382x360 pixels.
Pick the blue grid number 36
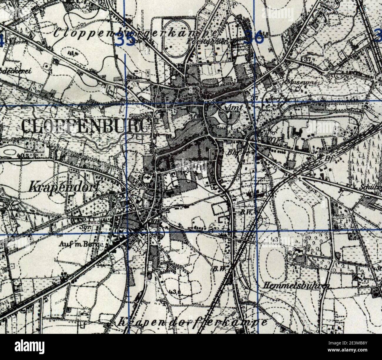(x=253, y=38)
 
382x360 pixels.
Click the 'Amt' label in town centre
(x=235, y=108)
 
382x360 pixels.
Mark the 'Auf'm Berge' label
(x=81, y=244)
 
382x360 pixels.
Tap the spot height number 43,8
(x=175, y=292)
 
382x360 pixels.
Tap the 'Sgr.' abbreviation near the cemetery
(x=84, y=227)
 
